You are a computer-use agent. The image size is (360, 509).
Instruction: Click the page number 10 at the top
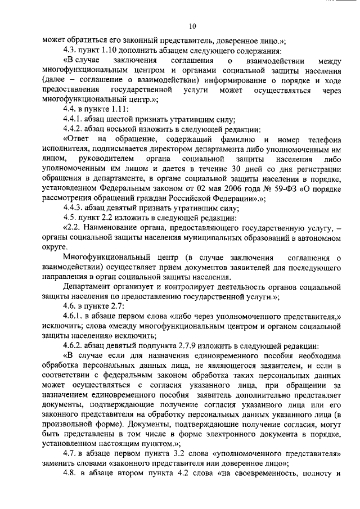(x=192, y=26)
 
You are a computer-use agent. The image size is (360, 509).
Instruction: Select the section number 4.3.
(x=70, y=49)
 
